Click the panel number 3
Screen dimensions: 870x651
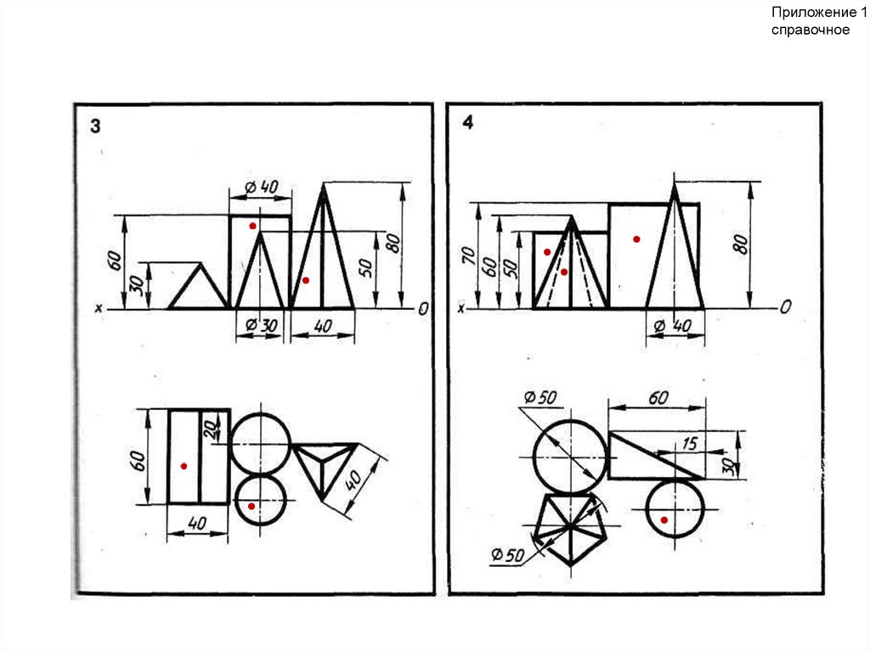point(95,126)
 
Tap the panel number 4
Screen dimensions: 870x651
point(468,122)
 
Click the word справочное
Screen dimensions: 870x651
point(810,30)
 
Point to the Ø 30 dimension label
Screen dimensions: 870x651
point(261,324)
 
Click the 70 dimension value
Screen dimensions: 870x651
point(469,255)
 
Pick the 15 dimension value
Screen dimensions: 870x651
point(689,443)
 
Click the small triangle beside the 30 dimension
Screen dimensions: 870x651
point(199,286)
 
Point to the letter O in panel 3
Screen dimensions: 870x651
point(423,308)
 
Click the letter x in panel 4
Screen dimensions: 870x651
point(460,308)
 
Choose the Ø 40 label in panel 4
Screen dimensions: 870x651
point(673,326)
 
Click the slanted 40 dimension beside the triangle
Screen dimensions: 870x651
point(353,480)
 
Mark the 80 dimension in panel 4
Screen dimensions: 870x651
point(741,244)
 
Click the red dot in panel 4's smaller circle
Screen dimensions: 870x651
point(664,520)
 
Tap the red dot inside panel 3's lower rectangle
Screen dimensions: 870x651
point(184,466)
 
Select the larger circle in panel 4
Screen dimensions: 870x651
point(570,457)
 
